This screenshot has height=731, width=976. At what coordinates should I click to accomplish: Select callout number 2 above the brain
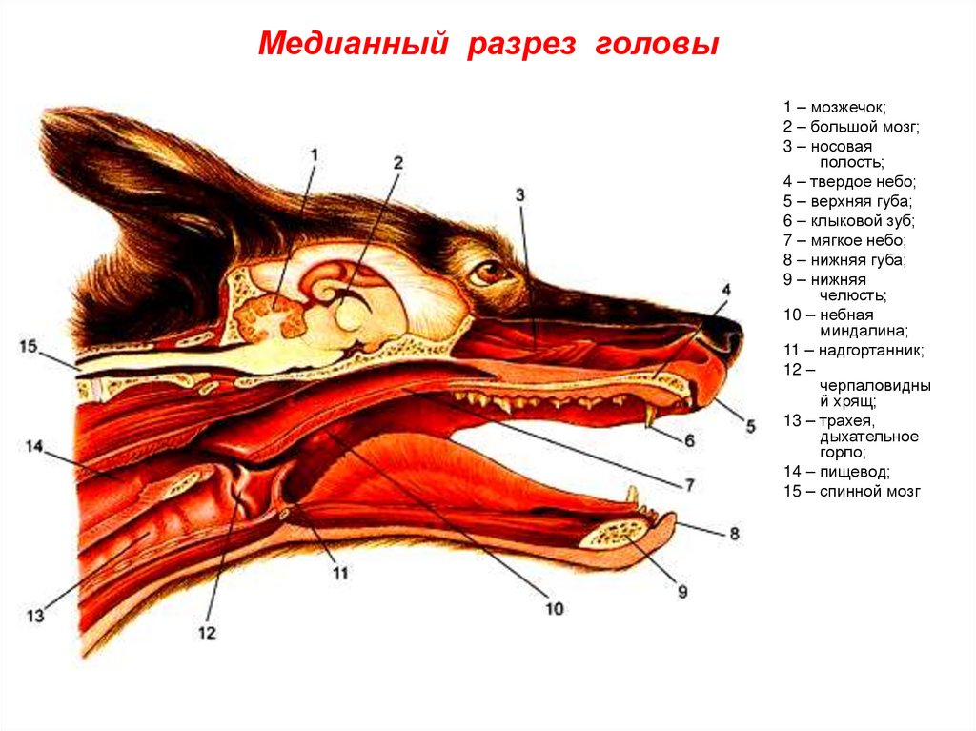coord(398,163)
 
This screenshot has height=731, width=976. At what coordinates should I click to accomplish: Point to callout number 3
coord(519,195)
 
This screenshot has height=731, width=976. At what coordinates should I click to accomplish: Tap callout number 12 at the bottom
coord(207,631)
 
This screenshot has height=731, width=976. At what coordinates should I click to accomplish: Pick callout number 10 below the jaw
coord(554,607)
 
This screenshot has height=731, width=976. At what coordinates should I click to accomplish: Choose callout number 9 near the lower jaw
coord(681,592)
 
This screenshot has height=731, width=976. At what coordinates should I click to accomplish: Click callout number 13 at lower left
coord(35,616)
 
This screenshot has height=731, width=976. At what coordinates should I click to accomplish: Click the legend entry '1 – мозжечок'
coord(835,108)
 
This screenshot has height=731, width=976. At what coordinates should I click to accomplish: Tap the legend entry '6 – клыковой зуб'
coord(848,220)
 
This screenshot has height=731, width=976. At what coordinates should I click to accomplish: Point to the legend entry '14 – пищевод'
coord(837,472)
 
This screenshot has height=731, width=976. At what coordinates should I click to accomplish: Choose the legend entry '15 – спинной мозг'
coord(852,492)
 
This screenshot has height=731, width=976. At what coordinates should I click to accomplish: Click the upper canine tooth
coord(648,416)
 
